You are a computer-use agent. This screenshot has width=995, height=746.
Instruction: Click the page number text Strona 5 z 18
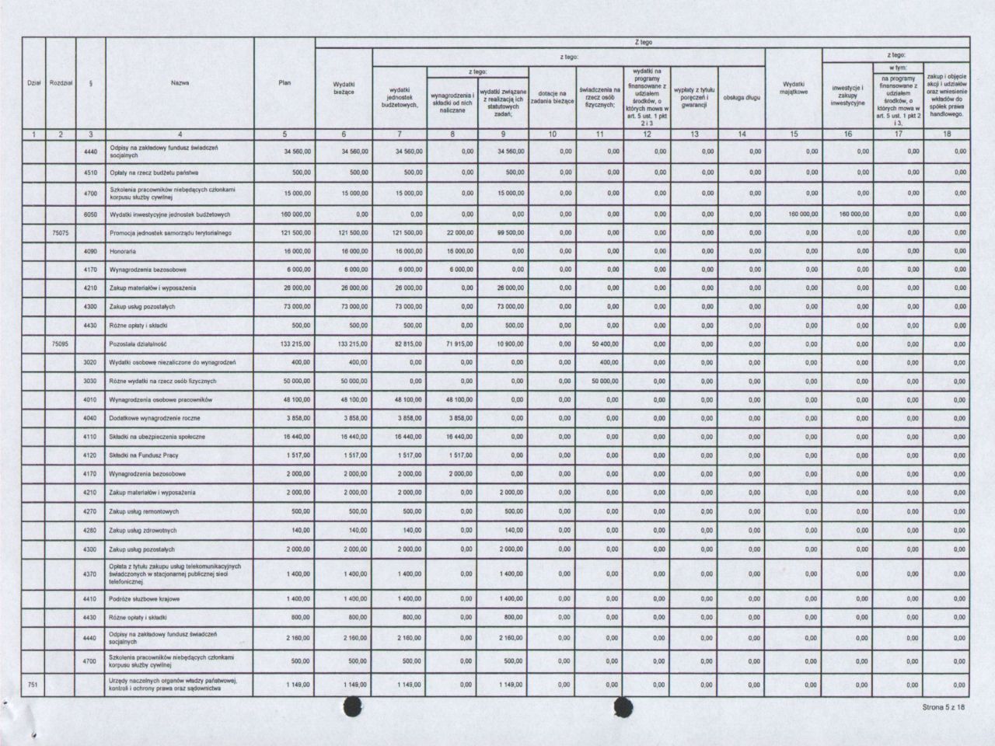point(944,708)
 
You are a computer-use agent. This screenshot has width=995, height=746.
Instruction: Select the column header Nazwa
point(180,82)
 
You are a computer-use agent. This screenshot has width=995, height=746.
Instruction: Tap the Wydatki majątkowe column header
point(793,88)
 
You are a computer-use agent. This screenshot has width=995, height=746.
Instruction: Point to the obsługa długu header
point(741,98)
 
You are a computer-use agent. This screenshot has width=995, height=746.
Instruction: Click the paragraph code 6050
point(91,214)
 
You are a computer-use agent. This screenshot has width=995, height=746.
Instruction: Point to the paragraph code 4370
point(91,574)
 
